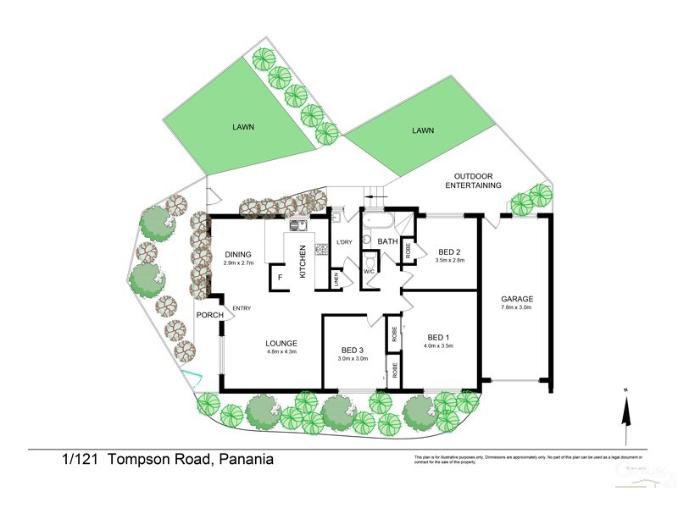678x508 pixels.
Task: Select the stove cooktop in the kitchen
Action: pos(321,249)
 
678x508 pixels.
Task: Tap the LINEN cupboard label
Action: pos(336,279)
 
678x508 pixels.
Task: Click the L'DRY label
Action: pos(344,243)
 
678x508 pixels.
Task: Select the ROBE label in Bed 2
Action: pos(408,251)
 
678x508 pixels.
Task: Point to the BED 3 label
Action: pos(353,350)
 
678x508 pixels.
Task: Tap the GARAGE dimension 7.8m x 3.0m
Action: pos(516,307)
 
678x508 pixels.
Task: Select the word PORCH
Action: pos(209,315)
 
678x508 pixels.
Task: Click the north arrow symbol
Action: pos(625,415)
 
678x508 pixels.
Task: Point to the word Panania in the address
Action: pos(246,460)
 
